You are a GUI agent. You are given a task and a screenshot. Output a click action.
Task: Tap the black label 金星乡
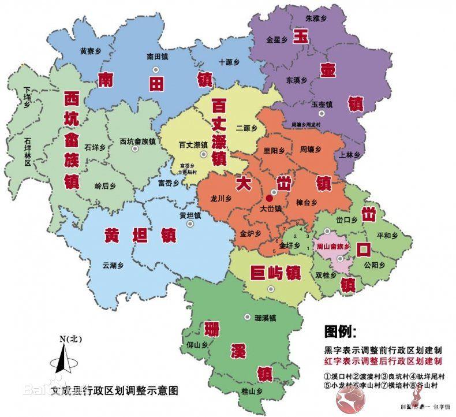coord(277,40)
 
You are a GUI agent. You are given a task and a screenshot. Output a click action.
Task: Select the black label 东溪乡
coord(297,79)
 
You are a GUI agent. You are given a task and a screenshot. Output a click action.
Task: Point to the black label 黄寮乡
coord(91,50)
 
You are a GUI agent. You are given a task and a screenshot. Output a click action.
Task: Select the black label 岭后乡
coord(105,186)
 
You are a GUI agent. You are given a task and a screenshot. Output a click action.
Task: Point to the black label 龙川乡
coord(221,198)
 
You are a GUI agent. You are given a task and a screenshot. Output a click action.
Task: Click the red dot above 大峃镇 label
coord(268,198)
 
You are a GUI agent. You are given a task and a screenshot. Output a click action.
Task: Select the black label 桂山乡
coord(252,391)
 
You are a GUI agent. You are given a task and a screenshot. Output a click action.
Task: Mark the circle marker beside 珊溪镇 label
coord(247,317)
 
